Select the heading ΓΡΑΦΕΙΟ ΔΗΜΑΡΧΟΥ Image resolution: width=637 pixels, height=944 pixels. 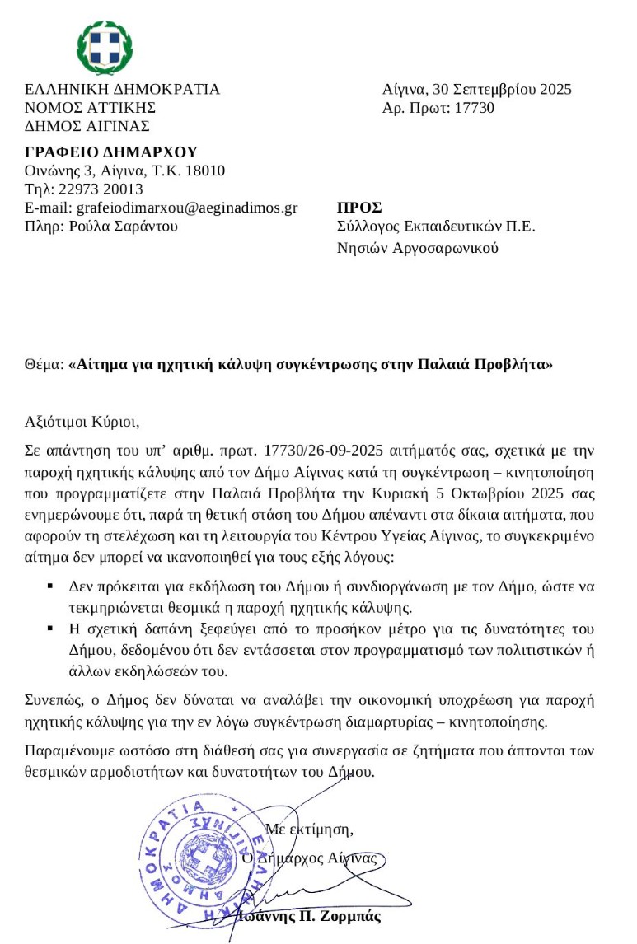click(111, 152)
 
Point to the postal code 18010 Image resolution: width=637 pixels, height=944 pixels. click(204, 171)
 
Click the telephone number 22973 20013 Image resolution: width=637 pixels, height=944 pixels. click(86, 189)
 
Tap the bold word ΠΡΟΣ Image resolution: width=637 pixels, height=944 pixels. click(359, 208)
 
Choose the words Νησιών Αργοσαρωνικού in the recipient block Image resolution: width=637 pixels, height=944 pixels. click(418, 248)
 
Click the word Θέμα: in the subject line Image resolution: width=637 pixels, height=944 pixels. click(44, 363)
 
